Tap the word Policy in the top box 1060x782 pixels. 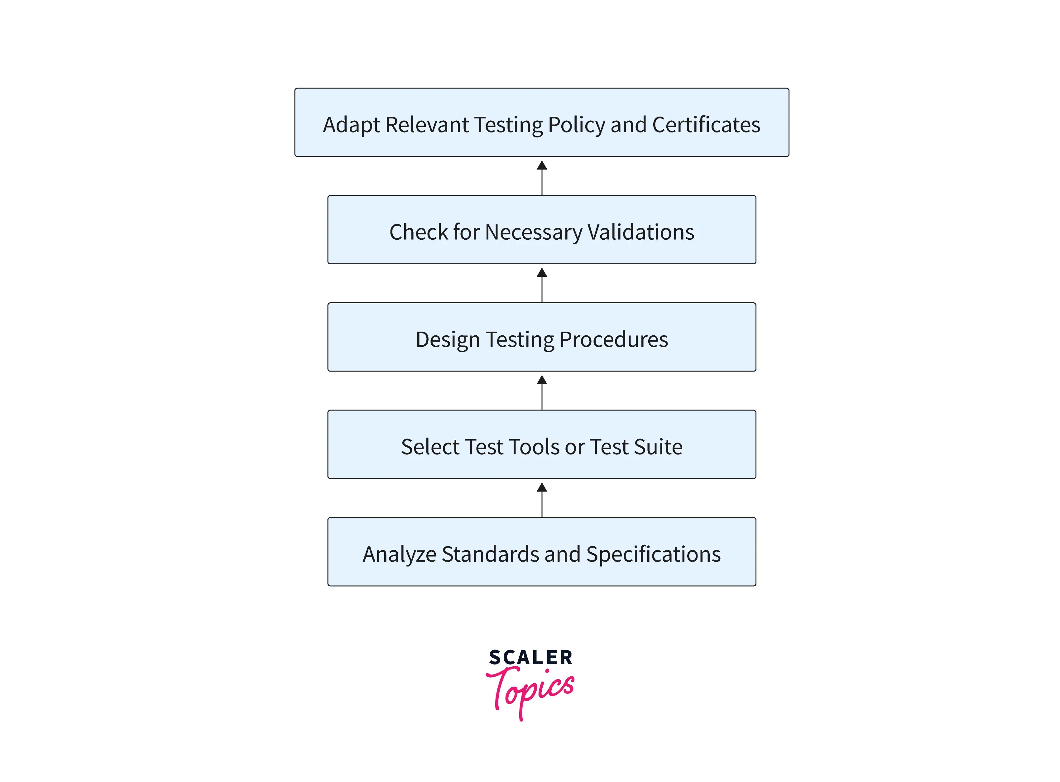pos(576,125)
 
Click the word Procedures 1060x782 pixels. pos(614,340)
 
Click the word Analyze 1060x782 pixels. pos(399,554)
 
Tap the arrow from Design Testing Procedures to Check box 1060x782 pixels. pos(542,285)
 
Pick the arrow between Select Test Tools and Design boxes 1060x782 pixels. pos(542,392)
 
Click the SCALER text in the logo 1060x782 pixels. pos(531,658)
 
